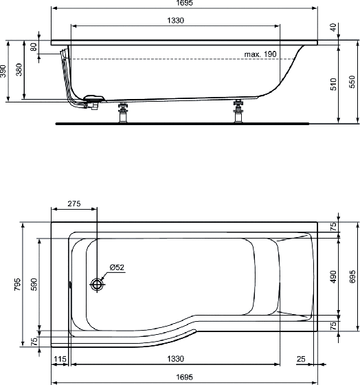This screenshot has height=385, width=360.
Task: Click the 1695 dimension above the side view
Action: coord(185,3)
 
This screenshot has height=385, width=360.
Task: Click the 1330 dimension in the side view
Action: coord(175,21)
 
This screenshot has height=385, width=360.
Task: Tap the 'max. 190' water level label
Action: coord(260,54)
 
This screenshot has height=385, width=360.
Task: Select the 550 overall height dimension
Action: coord(352,82)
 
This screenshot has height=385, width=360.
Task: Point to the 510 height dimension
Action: coord(333,84)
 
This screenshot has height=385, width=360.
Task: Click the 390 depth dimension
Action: coord(3,71)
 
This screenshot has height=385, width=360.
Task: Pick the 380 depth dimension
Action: coord(19,69)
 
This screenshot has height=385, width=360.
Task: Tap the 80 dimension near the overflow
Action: coord(34,47)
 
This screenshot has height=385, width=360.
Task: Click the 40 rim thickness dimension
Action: coord(333,27)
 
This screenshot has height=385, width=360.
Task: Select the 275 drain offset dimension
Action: coord(74,203)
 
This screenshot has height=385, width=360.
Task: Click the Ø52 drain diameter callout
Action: coord(117,267)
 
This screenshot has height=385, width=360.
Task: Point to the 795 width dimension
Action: coord(17,285)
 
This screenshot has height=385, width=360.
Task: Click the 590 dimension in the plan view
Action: coord(34,285)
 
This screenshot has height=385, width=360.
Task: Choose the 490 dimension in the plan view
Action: coord(333,276)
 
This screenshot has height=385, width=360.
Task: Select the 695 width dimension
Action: coord(352,276)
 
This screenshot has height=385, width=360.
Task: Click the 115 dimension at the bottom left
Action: coord(60,359)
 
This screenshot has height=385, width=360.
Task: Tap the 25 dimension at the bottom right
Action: coord(301,359)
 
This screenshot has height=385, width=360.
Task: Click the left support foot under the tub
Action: coord(123,112)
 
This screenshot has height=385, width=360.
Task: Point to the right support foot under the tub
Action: coord(238,111)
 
